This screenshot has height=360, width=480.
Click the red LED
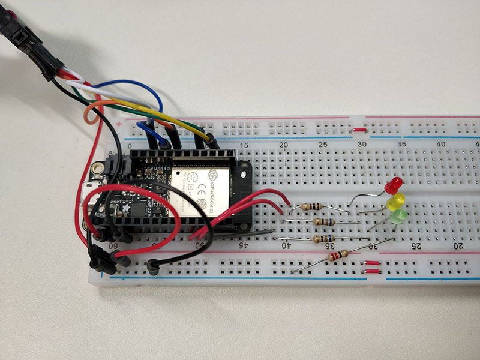pyautogui.click(x=395, y=184)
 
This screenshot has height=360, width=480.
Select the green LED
pyautogui.click(x=398, y=215)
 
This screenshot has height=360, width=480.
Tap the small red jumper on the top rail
pyautogui.click(x=359, y=129)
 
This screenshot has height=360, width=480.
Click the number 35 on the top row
pyautogui.click(x=402, y=145)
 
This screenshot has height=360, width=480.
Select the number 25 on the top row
pyautogui.click(x=323, y=145)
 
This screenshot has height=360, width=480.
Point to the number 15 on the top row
pyautogui.click(x=244, y=146)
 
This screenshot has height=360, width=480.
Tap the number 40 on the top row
pyautogui.click(x=441, y=145)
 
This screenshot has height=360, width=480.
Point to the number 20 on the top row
pyautogui.click(x=284, y=145)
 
